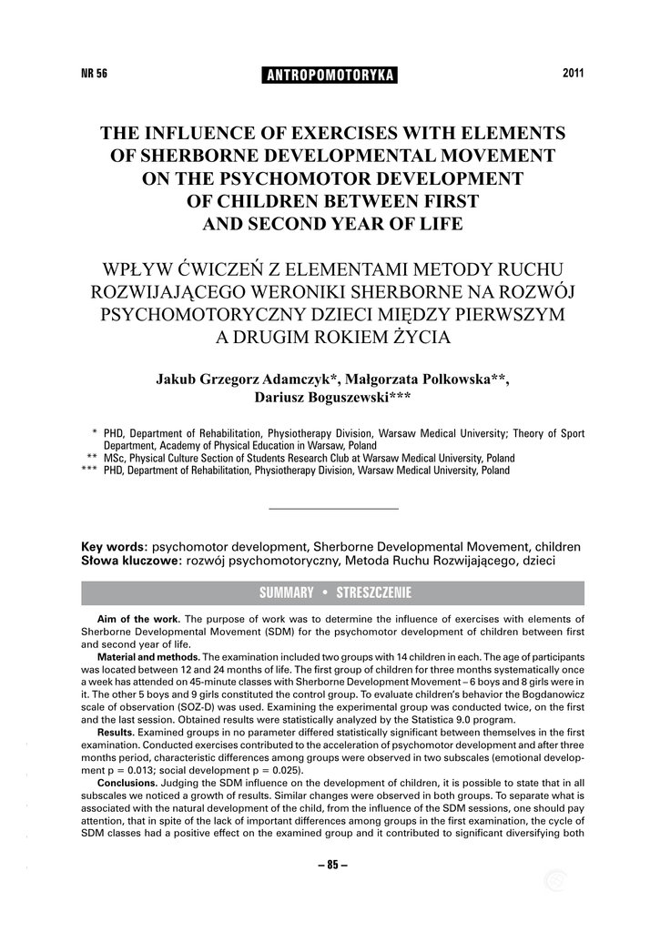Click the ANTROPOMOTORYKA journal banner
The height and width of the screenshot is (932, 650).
pos(330,75)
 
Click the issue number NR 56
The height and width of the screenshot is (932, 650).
pos(95,74)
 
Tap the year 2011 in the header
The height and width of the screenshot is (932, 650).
pos(573,73)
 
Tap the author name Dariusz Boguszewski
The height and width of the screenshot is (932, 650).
pos(321,398)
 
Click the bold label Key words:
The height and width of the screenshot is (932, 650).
pos(115,547)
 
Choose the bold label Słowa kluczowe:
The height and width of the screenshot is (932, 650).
pos(133,561)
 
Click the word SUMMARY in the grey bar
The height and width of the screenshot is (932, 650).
pos(286,593)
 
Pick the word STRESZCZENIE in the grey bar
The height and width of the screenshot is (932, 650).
pos(373,593)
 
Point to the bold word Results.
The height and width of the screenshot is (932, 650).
pos(116,731)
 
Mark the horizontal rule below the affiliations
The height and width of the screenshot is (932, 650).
pos(335,508)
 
